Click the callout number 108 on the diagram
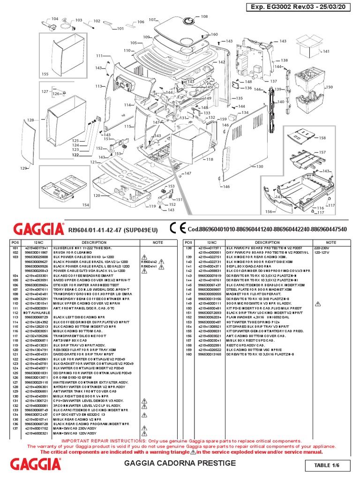coord(204,16)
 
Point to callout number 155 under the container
coord(45,74)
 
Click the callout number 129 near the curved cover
coord(23,168)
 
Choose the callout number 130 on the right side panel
coord(260,167)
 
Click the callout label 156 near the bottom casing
coord(269,211)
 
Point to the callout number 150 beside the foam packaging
coord(329,87)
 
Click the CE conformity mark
coord(178,228)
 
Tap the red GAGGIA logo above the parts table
coord(38,229)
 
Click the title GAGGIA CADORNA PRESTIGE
coord(179,463)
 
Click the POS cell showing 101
coord(13,248)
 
